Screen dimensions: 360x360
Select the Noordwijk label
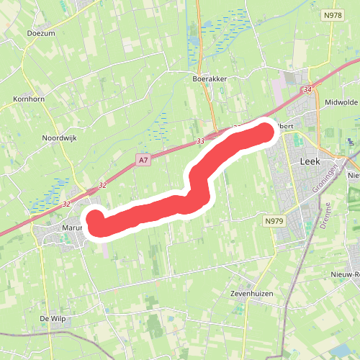[59, 138]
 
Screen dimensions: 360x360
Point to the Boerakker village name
[210, 78]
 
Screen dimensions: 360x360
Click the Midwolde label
[341, 102]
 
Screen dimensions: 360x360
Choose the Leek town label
[310, 162]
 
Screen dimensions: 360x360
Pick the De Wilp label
[54, 318]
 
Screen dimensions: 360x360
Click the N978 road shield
[333, 14]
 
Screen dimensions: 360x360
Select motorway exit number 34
[308, 90]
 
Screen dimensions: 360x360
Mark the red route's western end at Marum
[94, 218]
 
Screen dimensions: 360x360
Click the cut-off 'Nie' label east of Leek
[353, 175]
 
